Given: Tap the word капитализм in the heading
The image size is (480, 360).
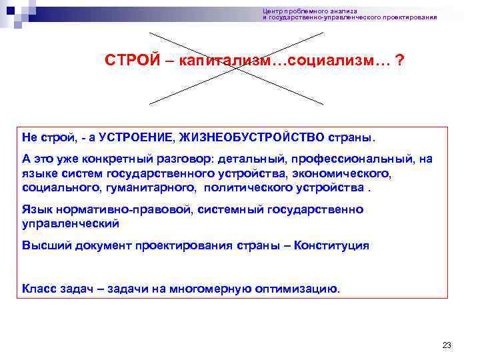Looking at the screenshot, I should pos(215,61).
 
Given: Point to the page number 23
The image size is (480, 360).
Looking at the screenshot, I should pos(447,345).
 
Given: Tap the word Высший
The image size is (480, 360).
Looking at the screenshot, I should pos(43,245).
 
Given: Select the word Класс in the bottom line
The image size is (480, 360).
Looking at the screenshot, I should pos(38,289).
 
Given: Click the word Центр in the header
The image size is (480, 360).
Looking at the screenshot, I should pos(272,11).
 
